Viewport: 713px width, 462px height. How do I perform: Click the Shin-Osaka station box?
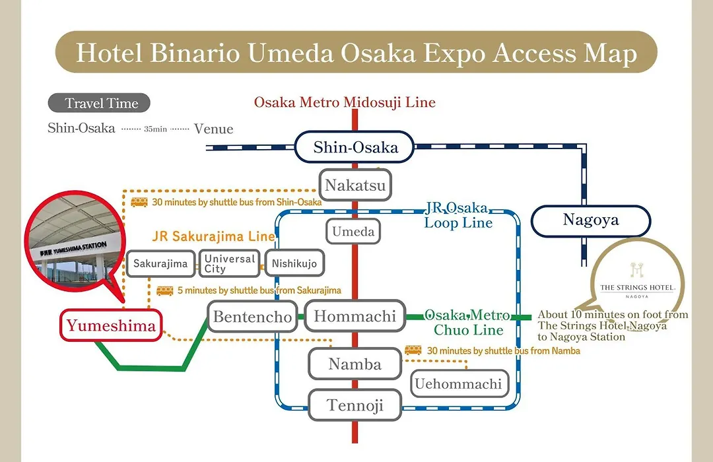tap(355, 147)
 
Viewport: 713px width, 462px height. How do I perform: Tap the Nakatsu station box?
tap(355, 185)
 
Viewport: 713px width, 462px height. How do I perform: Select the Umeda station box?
tap(353, 232)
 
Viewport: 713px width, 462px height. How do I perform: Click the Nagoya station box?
tap(591, 220)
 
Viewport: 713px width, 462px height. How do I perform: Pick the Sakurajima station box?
tap(160, 263)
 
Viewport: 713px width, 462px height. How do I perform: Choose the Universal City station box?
tap(230, 263)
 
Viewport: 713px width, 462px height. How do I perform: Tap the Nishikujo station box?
tap(294, 263)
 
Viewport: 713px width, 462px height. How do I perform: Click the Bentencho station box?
tap(252, 316)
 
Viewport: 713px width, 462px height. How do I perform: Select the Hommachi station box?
tap(355, 316)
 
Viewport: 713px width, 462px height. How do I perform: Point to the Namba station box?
tap(355, 364)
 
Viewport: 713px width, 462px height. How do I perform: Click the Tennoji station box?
tap(355, 405)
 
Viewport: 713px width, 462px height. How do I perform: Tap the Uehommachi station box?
tap(459, 383)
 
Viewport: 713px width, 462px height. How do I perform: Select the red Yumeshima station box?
tap(111, 325)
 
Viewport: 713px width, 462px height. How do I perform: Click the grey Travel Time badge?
tap(99, 103)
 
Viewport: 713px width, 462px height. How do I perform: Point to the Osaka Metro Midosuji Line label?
tap(345, 102)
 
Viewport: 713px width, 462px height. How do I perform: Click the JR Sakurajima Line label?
tap(214, 236)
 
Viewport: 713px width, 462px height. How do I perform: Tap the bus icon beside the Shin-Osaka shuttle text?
tap(139, 202)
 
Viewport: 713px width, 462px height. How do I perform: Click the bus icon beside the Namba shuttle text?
tap(413, 350)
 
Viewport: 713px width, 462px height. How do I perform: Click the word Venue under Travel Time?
tap(213, 129)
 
